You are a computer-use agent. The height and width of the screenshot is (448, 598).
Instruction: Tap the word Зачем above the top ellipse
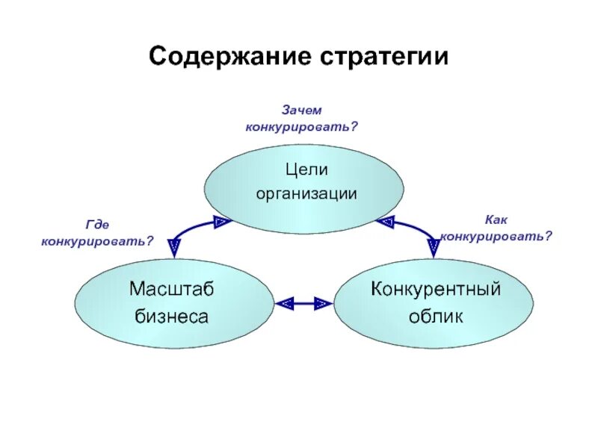tap(301, 110)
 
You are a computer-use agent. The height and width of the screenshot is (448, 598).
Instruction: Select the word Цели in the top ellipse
tap(306, 170)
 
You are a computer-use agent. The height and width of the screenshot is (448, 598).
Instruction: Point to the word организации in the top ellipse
tap(306, 193)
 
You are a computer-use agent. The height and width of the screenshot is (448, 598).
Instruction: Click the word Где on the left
tap(98, 223)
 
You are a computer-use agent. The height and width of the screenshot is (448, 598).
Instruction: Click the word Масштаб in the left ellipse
tap(171, 289)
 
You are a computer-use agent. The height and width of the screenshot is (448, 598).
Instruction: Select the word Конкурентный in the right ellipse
tap(436, 289)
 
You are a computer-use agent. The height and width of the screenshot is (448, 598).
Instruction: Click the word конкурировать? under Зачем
tap(302, 126)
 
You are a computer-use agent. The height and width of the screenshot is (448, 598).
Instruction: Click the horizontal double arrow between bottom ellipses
tap(303, 302)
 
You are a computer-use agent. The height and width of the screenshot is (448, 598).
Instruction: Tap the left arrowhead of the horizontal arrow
tap(284, 302)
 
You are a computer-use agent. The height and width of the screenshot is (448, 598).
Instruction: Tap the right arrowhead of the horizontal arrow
tap(323, 302)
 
